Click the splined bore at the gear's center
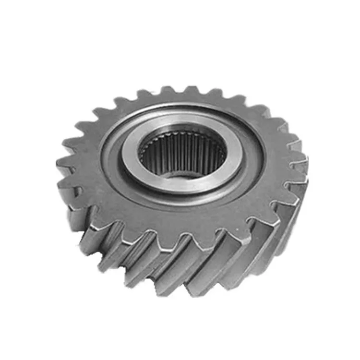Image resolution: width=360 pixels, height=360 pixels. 182,153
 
